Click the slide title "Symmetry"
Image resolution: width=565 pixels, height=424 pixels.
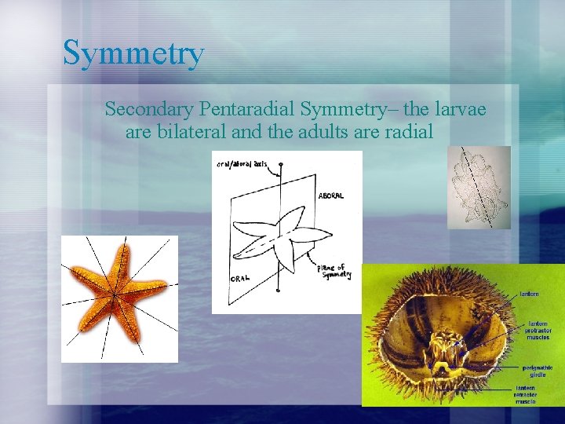133,53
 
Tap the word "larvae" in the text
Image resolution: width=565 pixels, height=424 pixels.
459,108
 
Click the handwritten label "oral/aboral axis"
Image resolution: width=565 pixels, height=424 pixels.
241,165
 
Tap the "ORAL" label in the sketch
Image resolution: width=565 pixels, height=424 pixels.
241,278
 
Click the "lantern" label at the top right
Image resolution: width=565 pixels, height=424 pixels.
528,294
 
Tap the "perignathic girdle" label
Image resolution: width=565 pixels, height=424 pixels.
538,369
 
